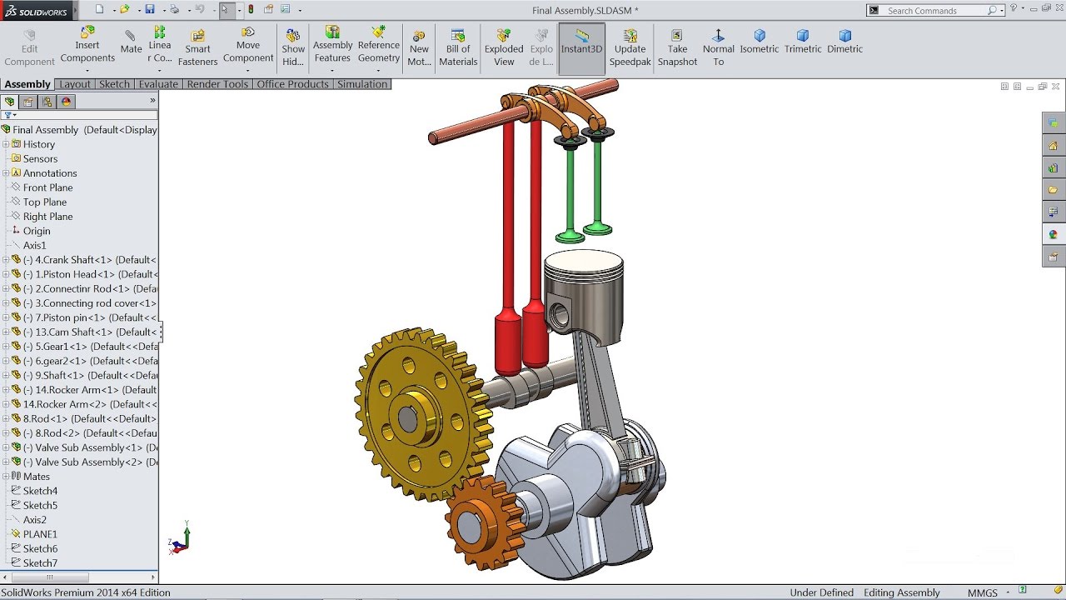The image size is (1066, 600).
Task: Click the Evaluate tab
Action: [x=158, y=84]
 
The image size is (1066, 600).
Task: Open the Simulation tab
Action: [x=362, y=84]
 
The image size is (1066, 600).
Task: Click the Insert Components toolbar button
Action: [x=87, y=47]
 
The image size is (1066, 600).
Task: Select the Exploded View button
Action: [x=504, y=48]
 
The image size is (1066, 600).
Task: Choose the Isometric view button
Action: [x=760, y=42]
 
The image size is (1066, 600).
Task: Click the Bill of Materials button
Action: [x=458, y=48]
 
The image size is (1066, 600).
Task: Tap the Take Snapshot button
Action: [x=677, y=48]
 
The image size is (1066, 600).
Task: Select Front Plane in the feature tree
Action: [x=47, y=187]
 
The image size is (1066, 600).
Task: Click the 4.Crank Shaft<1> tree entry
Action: [x=83, y=260]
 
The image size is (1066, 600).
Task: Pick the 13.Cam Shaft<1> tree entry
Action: [x=83, y=332]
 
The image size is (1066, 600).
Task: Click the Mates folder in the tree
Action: [x=36, y=477]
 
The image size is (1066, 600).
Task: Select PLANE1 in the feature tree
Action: [x=40, y=534]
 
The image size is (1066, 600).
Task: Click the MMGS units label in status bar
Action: [x=983, y=592]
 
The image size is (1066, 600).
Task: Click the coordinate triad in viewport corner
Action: [x=181, y=541]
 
